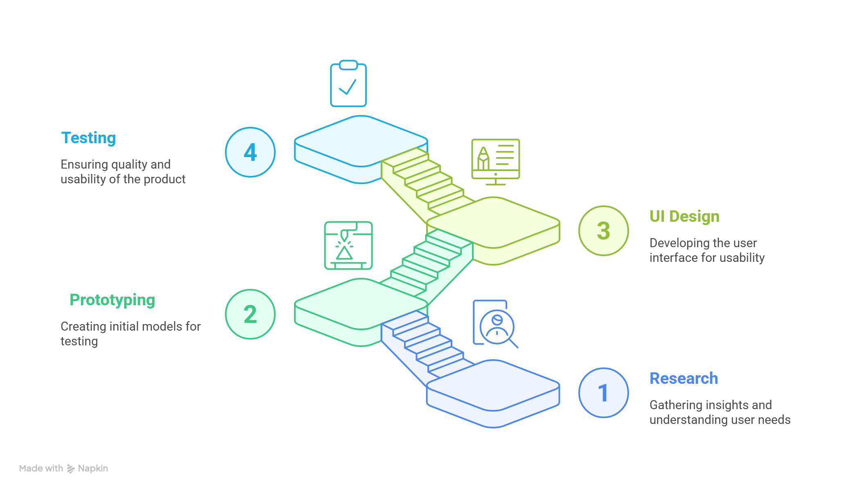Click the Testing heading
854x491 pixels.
88,138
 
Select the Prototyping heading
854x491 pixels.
112,300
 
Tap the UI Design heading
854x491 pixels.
684,216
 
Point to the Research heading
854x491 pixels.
684,378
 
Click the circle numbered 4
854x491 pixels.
250,152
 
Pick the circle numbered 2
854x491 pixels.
250,314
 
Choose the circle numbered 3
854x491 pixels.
604,231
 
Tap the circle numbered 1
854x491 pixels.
604,393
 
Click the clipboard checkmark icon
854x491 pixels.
348,83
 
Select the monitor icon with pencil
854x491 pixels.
496,162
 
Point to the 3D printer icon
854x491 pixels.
348,245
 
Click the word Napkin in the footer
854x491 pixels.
93,468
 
